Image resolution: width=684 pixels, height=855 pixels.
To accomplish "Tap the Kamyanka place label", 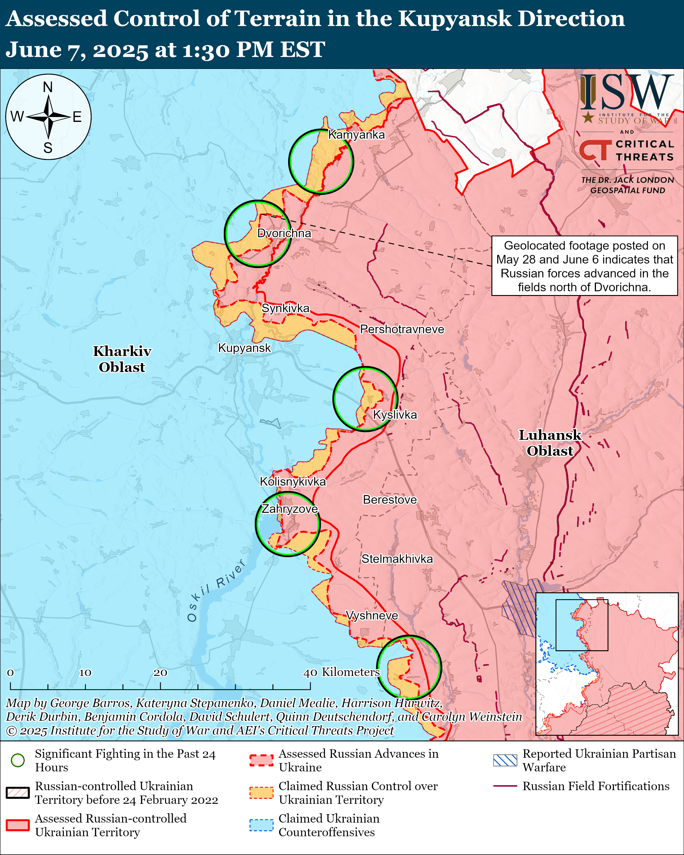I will click(x=356, y=135).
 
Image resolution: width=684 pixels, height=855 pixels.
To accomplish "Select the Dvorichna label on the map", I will click(x=284, y=233).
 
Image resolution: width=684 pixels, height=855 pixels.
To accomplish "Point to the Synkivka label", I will click(x=285, y=308).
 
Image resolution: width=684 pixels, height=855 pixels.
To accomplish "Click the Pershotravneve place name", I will click(x=402, y=329).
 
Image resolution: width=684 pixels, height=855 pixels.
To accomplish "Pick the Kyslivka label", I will click(x=395, y=415).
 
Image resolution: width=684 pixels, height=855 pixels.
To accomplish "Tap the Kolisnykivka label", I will click(x=293, y=481).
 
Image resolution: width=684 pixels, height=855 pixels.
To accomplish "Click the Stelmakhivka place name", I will click(x=397, y=559).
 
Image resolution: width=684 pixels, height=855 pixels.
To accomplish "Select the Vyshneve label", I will click(x=372, y=616).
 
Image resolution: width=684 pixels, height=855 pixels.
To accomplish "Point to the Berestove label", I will click(x=390, y=500).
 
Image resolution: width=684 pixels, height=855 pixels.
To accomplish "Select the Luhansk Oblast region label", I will click(x=550, y=443).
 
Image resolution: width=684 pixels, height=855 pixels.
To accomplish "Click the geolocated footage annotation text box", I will click(x=584, y=266).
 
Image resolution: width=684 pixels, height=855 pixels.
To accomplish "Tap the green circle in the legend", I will click(x=18, y=760).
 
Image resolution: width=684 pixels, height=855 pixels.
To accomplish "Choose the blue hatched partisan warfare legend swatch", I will click(x=505, y=760).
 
